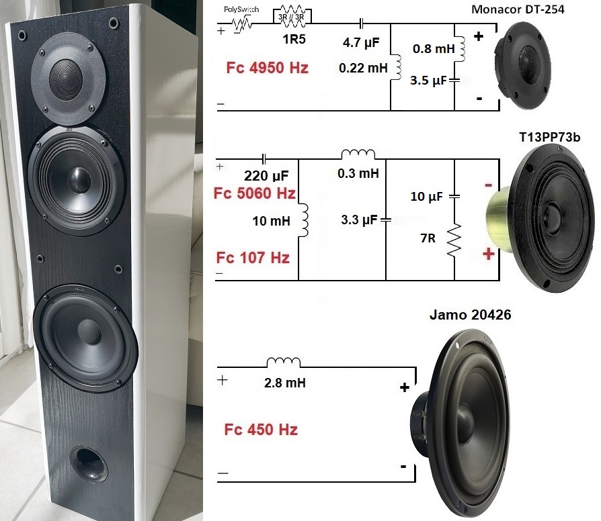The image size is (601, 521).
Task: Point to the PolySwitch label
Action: coord(241,10)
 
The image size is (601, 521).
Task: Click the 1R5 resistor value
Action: coord(291,40)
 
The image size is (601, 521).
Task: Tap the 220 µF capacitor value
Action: coord(266,177)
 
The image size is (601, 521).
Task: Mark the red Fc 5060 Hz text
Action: coord(254,195)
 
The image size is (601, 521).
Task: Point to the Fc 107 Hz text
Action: coord(252,257)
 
